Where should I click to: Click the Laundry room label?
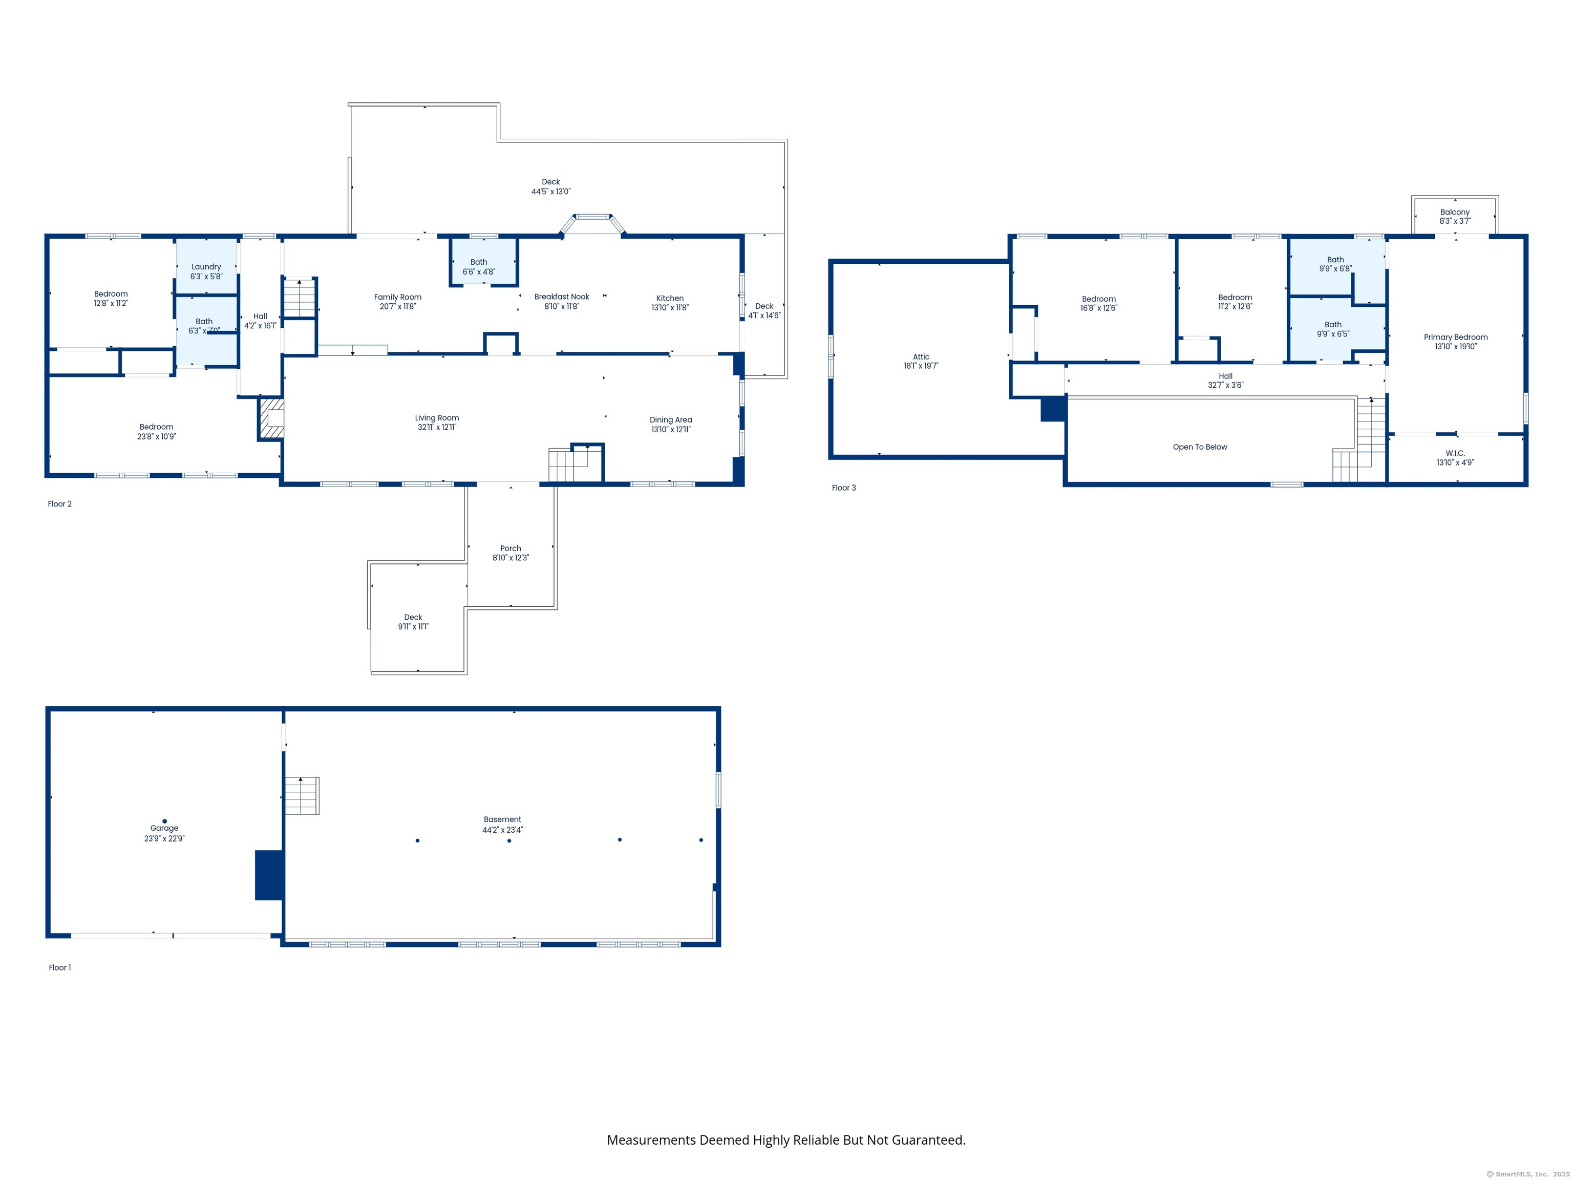pyautogui.click(x=206, y=267)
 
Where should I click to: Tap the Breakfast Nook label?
pyautogui.click(x=562, y=297)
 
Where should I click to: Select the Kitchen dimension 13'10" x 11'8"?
pyautogui.click(x=670, y=308)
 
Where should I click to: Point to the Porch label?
pyautogui.click(x=511, y=549)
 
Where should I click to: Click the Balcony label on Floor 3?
pyautogui.click(x=1454, y=212)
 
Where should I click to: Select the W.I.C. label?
pyautogui.click(x=1455, y=453)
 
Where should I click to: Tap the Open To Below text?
pyautogui.click(x=1200, y=447)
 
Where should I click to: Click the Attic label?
pyautogui.click(x=921, y=357)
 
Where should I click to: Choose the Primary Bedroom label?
pyautogui.click(x=1455, y=337)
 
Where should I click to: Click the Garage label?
pyautogui.click(x=164, y=828)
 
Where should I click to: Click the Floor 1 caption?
pyautogui.click(x=60, y=967)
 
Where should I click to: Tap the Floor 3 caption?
pyautogui.click(x=844, y=488)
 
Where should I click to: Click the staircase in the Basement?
pyautogui.click(x=302, y=796)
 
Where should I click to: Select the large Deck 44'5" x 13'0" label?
pyautogui.click(x=551, y=182)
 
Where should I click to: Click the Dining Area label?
pyautogui.click(x=671, y=419)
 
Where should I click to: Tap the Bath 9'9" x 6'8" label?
pyautogui.click(x=1335, y=260)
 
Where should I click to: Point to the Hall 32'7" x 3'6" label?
pyautogui.click(x=1225, y=376)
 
